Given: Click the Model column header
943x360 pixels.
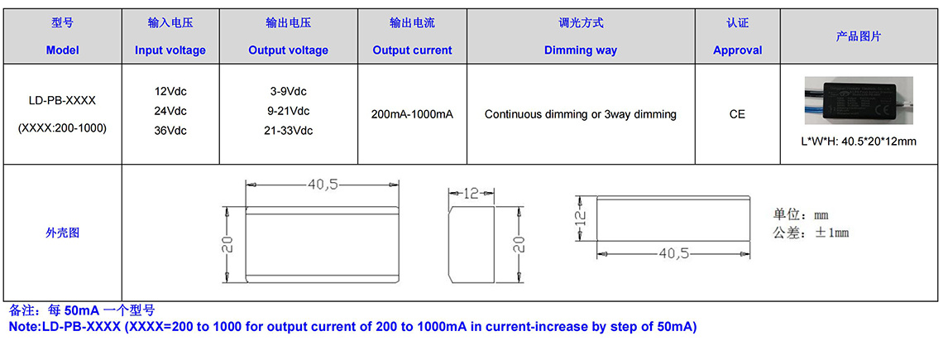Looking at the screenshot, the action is click(x=63, y=50).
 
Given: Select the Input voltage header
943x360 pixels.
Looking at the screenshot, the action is click(x=170, y=50).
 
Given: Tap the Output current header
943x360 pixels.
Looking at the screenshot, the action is click(x=412, y=50).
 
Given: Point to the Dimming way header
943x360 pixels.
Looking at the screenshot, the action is click(x=581, y=50).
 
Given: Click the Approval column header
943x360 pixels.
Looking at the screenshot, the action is click(x=737, y=50).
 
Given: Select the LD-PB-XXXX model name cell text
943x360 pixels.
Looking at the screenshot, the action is click(x=62, y=101).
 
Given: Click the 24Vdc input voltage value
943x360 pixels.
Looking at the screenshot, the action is click(x=170, y=112).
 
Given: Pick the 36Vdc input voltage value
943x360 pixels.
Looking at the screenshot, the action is click(x=170, y=131).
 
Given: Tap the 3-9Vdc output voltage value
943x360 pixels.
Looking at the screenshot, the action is click(x=288, y=92).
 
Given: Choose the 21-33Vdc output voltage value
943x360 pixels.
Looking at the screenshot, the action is click(x=288, y=131).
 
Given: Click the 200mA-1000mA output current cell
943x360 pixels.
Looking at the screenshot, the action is click(x=412, y=114).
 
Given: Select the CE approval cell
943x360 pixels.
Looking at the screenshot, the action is click(x=737, y=114).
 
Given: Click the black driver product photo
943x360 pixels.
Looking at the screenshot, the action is click(x=859, y=100).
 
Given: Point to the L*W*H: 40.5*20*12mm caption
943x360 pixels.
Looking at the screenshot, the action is click(x=859, y=142).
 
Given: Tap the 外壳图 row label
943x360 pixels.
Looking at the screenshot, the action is click(x=63, y=233).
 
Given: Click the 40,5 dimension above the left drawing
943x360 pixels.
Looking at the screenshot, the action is click(x=323, y=185).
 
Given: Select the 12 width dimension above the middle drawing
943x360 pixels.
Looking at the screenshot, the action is click(x=472, y=194).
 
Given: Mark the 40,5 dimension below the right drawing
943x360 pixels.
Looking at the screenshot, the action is click(x=673, y=254).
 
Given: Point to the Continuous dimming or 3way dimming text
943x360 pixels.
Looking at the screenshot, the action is click(x=581, y=114).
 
